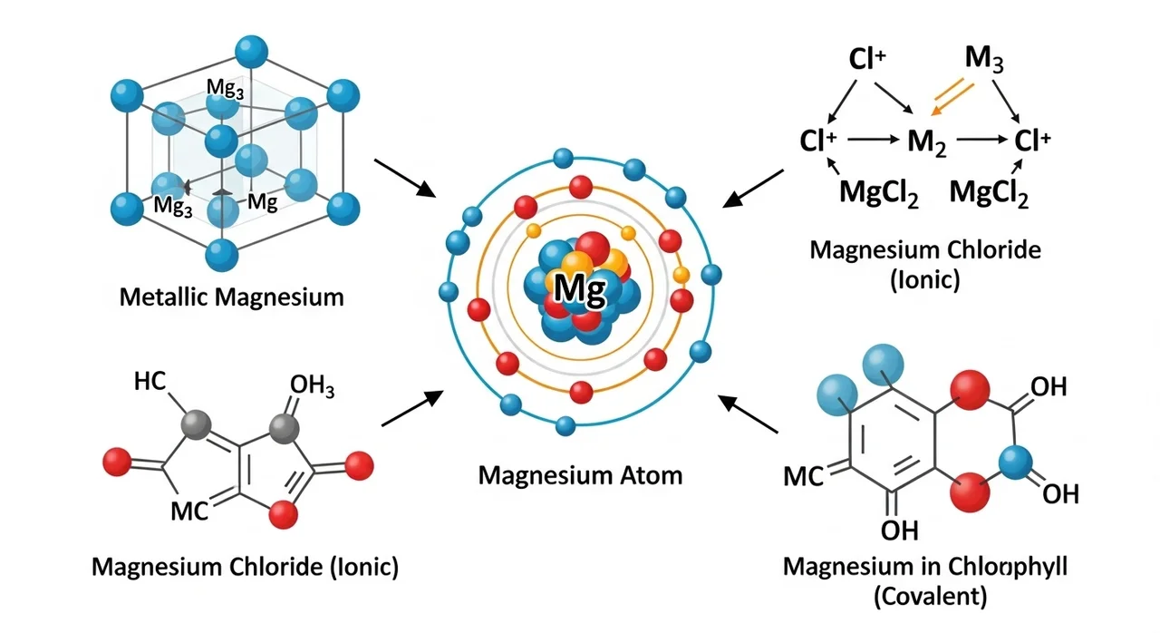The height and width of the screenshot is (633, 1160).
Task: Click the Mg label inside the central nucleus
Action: pos(578,287)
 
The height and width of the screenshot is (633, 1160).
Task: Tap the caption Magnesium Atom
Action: pos(580,474)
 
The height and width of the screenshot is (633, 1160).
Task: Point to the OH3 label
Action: pos(312,387)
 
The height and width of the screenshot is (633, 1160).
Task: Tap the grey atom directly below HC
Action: pos(197,424)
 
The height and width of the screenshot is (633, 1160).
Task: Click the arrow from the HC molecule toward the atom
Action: pos(413,409)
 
